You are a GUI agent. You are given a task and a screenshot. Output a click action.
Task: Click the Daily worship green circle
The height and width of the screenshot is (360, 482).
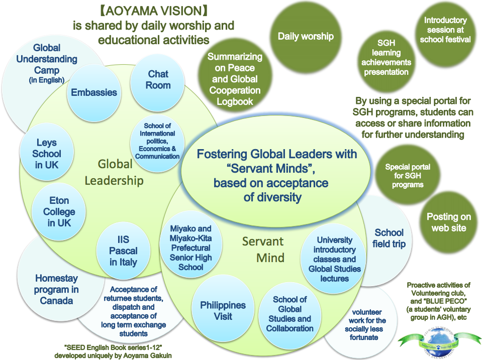[306, 36]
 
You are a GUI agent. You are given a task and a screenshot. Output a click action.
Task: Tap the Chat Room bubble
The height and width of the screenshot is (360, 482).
[158, 80]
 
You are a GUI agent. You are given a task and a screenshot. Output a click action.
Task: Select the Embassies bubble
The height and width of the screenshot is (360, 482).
[94, 92]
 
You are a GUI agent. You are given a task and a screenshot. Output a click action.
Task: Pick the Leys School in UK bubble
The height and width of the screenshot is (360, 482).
[47, 154]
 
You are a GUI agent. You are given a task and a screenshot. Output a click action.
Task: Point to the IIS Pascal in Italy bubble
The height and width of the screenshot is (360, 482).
[124, 250]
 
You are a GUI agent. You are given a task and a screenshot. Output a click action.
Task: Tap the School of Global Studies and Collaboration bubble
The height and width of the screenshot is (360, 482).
[290, 314]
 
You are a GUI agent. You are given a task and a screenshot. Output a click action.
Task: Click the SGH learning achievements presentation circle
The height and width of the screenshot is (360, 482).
[386, 57]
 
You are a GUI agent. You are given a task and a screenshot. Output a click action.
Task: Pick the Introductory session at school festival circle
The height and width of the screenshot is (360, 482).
[445, 30]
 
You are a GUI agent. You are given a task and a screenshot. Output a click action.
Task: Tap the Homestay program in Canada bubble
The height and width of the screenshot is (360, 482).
[56, 289]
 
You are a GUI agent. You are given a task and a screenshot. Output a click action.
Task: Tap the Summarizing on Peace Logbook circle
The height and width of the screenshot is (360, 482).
[235, 79]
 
